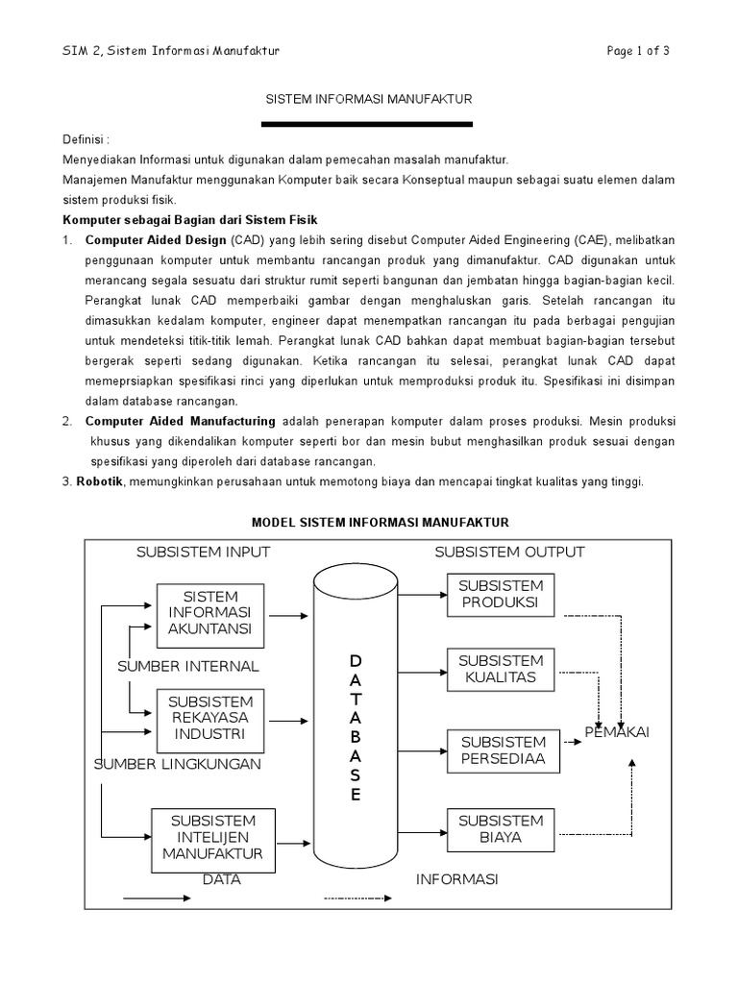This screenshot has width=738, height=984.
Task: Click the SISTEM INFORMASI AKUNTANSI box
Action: point(209,613)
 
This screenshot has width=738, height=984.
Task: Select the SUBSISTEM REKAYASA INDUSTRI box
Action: point(209,718)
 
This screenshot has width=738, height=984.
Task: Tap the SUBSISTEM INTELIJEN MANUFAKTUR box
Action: point(212,837)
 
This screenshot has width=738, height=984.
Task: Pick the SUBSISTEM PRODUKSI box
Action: point(501,594)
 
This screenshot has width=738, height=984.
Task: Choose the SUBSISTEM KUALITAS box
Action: point(501,669)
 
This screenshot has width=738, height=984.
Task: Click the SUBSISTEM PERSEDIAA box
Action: point(503,750)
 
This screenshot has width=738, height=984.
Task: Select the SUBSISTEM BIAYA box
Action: point(501,829)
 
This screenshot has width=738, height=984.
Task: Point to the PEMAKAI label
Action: point(618,733)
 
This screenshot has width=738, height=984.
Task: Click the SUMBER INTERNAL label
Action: point(188,666)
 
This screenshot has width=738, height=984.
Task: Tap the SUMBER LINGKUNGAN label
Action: point(178,764)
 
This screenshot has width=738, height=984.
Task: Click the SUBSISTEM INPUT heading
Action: point(203,552)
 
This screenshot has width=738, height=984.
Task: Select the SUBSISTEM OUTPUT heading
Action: point(509,552)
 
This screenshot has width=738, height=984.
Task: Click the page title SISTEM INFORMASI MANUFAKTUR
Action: point(368,99)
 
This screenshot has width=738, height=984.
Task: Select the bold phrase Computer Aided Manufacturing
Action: point(180,421)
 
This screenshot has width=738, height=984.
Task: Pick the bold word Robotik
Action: point(99,481)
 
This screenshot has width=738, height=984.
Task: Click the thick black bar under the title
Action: point(368,124)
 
